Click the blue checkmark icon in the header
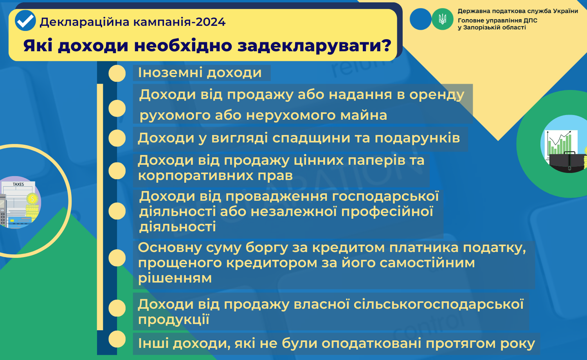[x=25, y=20]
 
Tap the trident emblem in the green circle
[x=442, y=19]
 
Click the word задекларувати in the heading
[x=315, y=46]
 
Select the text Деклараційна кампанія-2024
[x=133, y=22]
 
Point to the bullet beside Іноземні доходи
[x=117, y=73]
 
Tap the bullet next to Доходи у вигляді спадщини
[x=117, y=138]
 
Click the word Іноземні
[x=170, y=72]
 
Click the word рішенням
[x=175, y=278]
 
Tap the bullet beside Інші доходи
[x=117, y=339]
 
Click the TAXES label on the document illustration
[x=18, y=184]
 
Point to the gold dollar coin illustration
[x=32, y=199]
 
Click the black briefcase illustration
[x=567, y=162]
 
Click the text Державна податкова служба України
[x=518, y=11]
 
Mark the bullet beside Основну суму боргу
[x=117, y=258]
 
